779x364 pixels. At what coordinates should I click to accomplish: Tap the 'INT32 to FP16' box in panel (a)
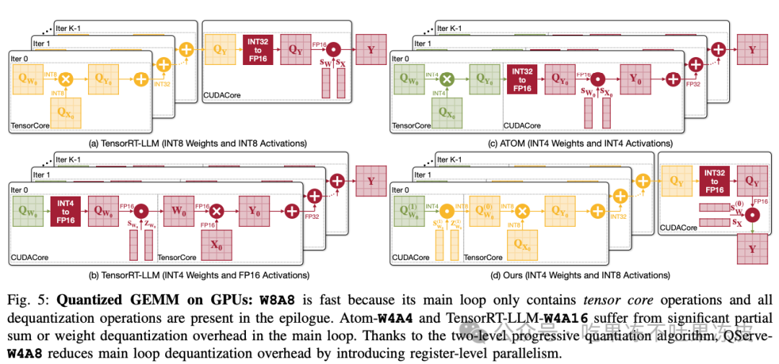(x=258, y=51)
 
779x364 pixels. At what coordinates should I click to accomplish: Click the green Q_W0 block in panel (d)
(x=408, y=212)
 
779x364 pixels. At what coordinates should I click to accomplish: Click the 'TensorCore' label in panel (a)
(x=30, y=126)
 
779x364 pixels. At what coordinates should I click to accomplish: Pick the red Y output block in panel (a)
(x=371, y=51)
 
